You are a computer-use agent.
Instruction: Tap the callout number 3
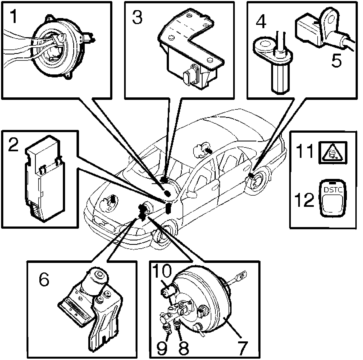[x=137, y=17]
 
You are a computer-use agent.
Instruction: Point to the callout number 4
[x=261, y=20]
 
